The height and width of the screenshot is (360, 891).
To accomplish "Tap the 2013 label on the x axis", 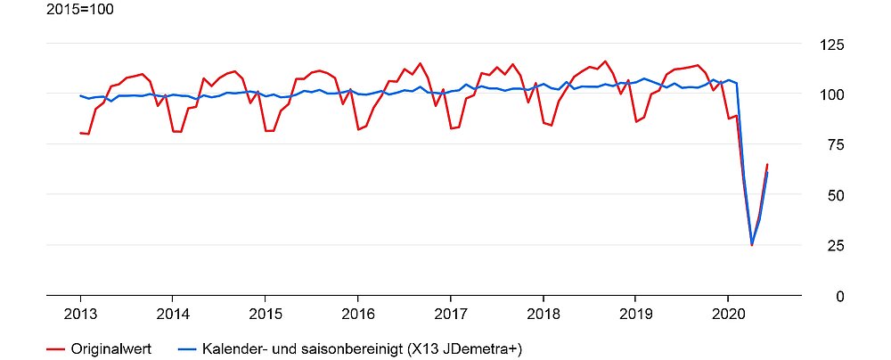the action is pyautogui.click(x=80, y=314).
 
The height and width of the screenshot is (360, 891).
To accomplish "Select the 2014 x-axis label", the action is pyautogui.click(x=172, y=314).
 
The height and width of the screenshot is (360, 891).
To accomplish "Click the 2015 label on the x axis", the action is pyautogui.click(x=265, y=314).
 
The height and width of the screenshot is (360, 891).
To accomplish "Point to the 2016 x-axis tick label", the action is pyautogui.click(x=357, y=314).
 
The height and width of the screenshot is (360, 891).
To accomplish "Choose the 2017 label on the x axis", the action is pyautogui.click(x=450, y=314).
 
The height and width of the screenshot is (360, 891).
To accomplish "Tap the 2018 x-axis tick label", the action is pyautogui.click(x=543, y=314).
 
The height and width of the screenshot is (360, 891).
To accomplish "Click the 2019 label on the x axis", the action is pyautogui.click(x=635, y=314).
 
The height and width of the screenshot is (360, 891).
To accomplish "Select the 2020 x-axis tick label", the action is pyautogui.click(x=728, y=314).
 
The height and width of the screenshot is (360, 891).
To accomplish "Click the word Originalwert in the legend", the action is pyautogui.click(x=110, y=348).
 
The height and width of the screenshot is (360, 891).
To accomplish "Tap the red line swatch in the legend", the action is pyautogui.click(x=56, y=348).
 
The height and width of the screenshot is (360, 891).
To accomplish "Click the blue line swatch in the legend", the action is pyautogui.click(x=187, y=348).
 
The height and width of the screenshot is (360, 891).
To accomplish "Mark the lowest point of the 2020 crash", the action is pyautogui.click(x=752, y=245).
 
